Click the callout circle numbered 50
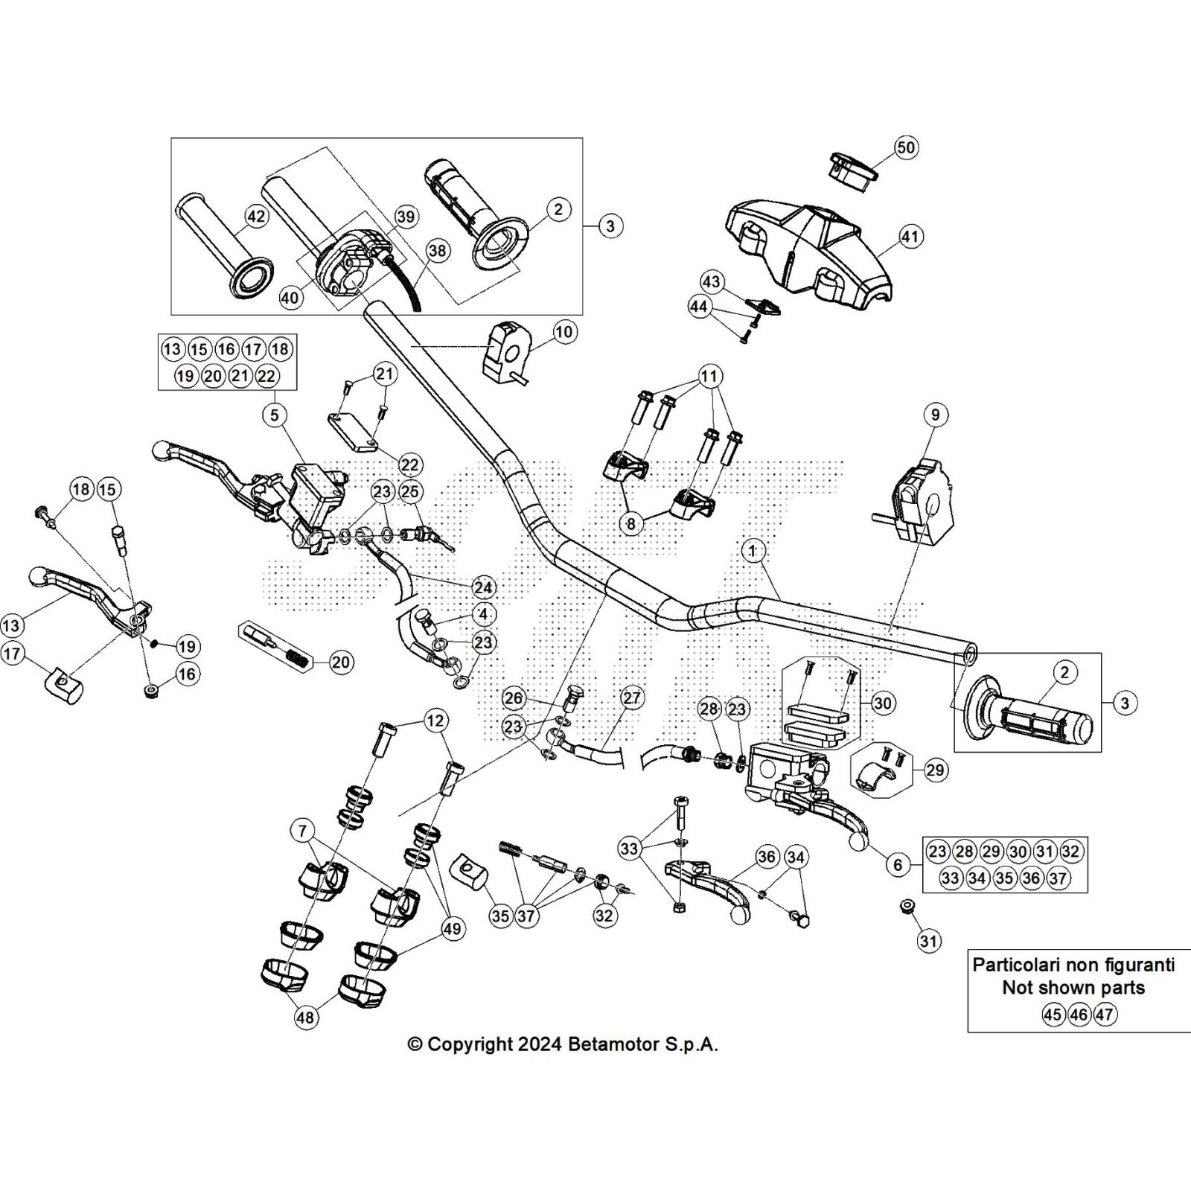point(905,147)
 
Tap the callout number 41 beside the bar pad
point(910,237)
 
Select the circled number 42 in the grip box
point(256,217)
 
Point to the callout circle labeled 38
point(438,251)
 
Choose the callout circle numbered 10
point(564,331)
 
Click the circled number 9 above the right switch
point(936,415)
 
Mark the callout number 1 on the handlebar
point(753,551)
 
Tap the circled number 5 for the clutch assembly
point(275,415)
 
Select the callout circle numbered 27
point(631,697)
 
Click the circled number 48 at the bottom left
point(306,1017)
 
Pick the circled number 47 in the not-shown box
point(1105,1015)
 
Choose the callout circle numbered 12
point(435,720)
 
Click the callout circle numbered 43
point(712,281)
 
